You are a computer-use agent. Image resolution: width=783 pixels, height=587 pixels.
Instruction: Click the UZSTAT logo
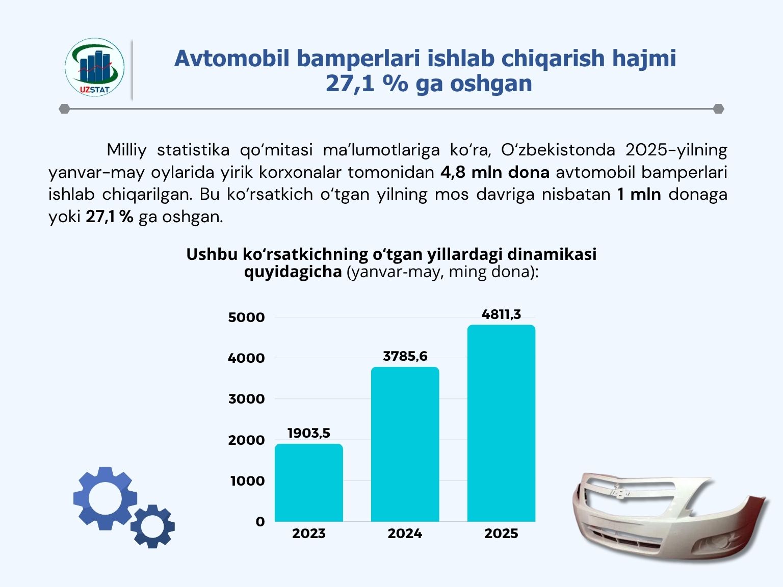[94, 68]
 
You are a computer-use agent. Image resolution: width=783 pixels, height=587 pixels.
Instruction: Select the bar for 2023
[308, 483]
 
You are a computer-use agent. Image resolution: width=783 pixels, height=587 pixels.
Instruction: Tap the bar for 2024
[405, 444]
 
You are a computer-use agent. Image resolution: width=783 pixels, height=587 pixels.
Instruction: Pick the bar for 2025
[501, 423]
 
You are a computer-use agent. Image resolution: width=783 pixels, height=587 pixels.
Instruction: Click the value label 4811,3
[501, 314]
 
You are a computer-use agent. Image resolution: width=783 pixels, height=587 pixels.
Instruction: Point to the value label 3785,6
[405, 356]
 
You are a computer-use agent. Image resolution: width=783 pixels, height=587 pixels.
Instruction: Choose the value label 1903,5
[309, 433]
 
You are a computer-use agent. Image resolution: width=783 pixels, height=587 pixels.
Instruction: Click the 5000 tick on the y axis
[247, 317]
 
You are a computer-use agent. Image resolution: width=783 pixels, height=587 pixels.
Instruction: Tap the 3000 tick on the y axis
[247, 399]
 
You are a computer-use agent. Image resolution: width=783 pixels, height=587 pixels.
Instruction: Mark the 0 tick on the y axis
[260, 522]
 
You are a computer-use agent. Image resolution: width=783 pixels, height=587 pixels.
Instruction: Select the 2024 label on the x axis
[405, 533]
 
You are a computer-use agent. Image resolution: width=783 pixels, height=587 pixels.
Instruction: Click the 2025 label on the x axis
[501, 533]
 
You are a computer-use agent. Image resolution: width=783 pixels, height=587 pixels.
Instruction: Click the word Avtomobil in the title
[232, 58]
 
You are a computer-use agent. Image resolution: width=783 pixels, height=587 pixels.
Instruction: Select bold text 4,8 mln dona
[495, 173]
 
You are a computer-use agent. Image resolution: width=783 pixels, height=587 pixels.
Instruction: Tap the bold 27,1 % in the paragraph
[110, 217]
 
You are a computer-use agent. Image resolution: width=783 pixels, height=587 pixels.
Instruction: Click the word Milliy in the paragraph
[126, 150]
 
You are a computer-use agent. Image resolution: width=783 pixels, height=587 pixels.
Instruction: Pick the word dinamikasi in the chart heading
[552, 254]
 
